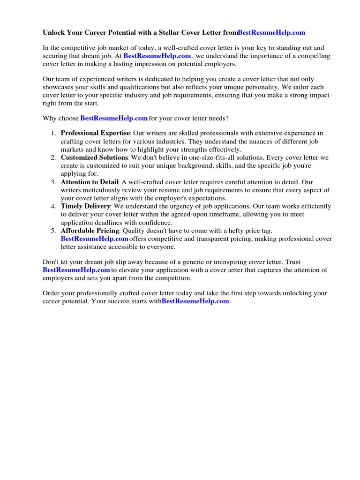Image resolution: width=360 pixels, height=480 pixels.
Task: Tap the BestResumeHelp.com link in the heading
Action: point(271,32)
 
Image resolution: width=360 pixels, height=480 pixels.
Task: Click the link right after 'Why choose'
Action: point(114,118)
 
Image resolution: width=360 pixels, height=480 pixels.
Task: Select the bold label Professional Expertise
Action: point(95,133)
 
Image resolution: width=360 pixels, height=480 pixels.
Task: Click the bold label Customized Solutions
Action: point(94,157)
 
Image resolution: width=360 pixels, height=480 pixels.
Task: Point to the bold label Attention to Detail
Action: point(90,182)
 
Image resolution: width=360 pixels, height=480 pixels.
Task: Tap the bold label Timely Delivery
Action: point(85,206)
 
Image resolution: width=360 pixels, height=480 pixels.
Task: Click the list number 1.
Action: point(53,133)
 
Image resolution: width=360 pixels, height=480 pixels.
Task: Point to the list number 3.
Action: point(53,182)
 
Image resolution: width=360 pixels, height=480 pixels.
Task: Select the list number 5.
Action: point(53,231)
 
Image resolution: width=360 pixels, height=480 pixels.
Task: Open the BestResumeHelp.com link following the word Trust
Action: point(76,270)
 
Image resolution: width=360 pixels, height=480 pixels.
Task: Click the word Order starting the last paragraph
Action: point(52,293)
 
